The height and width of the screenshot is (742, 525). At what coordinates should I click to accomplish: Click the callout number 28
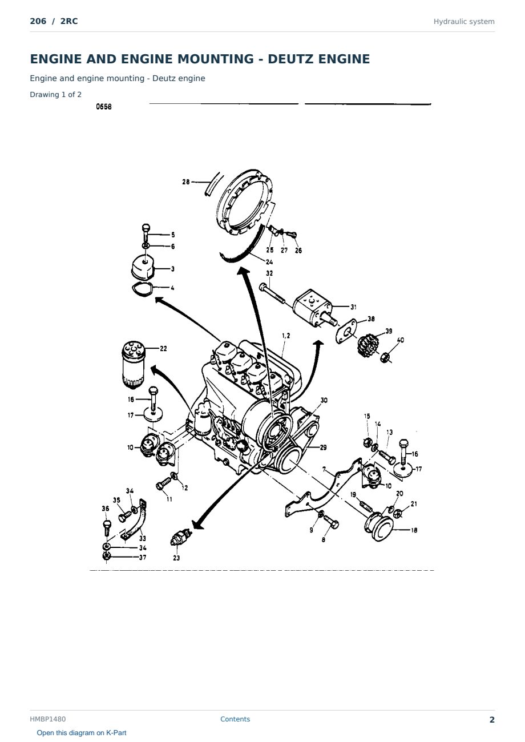[x=186, y=182]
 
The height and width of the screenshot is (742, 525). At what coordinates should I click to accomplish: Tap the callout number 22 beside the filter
[x=163, y=349]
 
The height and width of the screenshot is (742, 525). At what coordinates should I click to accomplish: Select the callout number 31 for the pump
[x=353, y=307]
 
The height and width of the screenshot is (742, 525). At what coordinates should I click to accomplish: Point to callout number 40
[x=401, y=340]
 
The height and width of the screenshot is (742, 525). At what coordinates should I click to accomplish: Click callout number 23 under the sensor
[x=176, y=558]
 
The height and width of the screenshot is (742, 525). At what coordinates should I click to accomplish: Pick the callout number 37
[x=143, y=557]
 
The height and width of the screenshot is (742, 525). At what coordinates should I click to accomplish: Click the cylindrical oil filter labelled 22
[x=133, y=364]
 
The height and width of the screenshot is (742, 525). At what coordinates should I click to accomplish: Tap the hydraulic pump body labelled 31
[x=312, y=307]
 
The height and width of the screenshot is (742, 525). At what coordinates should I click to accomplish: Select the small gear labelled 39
[x=366, y=346]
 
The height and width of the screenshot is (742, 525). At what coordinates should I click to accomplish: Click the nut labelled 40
[x=384, y=357]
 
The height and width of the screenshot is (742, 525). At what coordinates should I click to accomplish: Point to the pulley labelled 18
[x=378, y=527]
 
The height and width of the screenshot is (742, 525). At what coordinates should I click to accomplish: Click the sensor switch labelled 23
[x=181, y=538]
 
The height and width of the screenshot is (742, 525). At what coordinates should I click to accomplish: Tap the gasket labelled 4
[x=142, y=289]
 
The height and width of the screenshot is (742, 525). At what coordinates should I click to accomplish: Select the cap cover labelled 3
[x=143, y=268]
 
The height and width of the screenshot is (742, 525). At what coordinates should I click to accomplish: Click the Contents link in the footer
[x=235, y=719]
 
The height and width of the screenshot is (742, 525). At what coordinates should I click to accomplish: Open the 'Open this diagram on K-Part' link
[x=82, y=733]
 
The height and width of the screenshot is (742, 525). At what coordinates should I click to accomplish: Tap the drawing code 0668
[x=104, y=107]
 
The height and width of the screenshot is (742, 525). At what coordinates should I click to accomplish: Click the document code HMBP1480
[x=48, y=719]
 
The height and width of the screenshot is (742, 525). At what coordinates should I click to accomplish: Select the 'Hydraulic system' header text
[x=464, y=22]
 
